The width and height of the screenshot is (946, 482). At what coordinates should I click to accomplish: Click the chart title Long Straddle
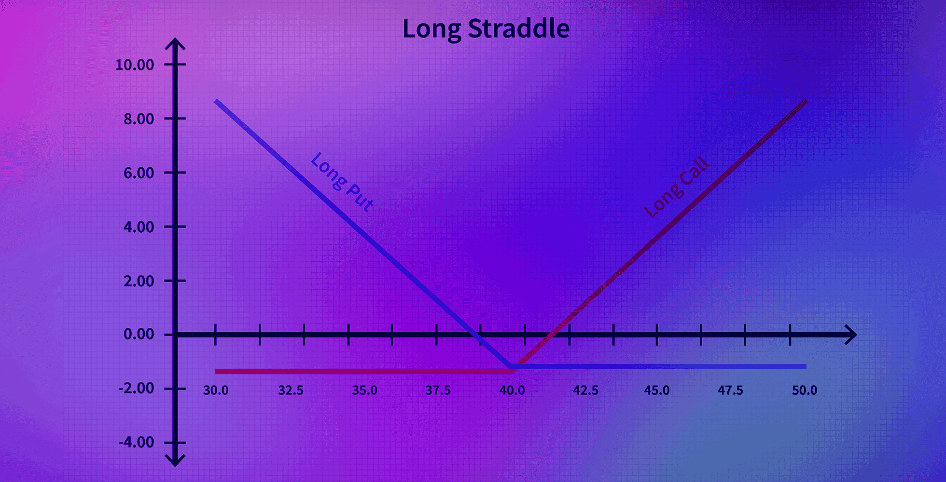tap(486, 29)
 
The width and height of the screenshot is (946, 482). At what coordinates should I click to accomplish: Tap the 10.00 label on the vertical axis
tap(135, 65)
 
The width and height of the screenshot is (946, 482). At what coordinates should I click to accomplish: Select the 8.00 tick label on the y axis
tap(139, 119)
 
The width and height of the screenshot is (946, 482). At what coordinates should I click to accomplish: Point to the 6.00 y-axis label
tap(139, 173)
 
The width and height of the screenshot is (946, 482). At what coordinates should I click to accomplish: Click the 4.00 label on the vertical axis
tap(139, 227)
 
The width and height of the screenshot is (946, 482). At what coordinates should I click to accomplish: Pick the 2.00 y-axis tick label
tap(139, 281)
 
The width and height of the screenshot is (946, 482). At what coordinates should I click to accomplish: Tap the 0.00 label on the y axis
tap(139, 334)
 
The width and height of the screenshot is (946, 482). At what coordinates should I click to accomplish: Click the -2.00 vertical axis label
tap(136, 388)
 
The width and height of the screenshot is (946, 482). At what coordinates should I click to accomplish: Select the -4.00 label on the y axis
tap(136, 442)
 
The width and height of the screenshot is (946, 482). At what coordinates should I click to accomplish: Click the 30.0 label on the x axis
tap(216, 390)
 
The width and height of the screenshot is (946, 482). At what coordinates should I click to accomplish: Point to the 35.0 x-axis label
tap(364, 390)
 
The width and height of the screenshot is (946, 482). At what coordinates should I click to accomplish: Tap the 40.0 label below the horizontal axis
tap(512, 390)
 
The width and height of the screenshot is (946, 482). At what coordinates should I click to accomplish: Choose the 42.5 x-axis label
tap(585, 390)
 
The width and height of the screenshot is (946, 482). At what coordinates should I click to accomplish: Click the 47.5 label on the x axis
tap(730, 390)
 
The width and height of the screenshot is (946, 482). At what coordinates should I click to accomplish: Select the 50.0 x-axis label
tap(805, 390)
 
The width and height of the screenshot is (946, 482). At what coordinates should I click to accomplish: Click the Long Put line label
tap(342, 182)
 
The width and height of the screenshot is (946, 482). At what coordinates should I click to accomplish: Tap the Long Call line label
tap(677, 187)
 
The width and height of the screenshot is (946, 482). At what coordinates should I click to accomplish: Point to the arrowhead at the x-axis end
tap(851, 335)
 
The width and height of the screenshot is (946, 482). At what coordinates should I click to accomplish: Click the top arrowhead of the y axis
tap(175, 44)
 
